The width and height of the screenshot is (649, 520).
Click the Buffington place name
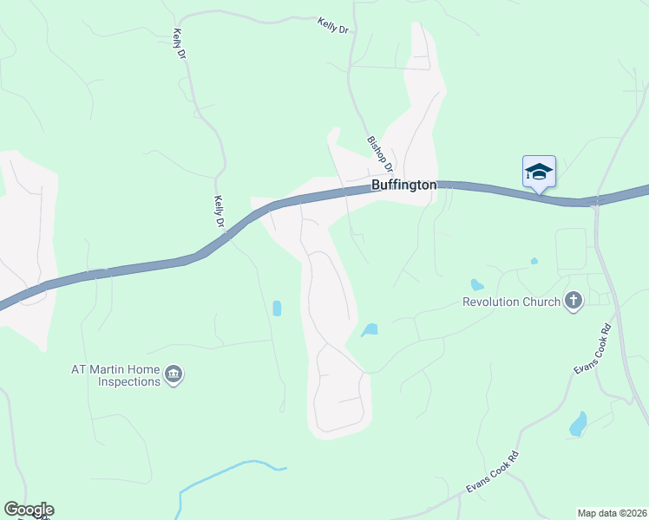[403, 185]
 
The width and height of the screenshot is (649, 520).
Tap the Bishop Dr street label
[381, 153]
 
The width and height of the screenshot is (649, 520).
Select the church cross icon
[573, 301]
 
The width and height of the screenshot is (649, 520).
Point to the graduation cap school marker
[539, 171]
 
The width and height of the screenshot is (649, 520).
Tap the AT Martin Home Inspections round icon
[174, 374]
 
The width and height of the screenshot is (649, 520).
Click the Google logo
[29, 510]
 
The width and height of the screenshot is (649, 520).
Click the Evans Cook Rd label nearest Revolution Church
[593, 349]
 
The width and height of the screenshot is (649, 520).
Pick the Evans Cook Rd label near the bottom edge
[492, 472]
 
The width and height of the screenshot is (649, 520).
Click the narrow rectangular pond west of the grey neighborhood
[277, 308]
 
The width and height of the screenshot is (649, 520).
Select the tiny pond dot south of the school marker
[534, 260]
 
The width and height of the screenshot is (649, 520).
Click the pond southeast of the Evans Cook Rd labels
[578, 424]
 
